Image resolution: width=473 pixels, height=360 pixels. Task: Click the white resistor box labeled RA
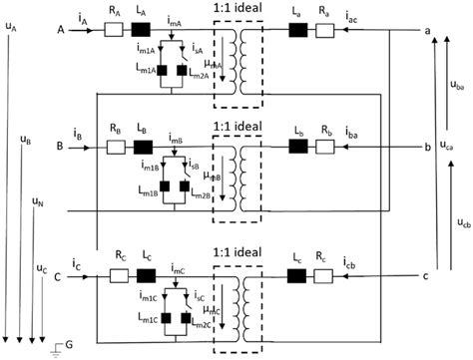pos(115,31)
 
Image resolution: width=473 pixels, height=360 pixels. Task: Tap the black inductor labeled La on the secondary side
pos(298,31)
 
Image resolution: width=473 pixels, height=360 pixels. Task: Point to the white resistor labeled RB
pos(115,147)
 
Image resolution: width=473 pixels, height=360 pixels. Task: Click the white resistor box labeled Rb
pos(327,147)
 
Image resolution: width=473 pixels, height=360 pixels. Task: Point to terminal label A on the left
pos(63,31)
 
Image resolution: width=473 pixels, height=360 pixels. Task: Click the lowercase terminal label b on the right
pos(427,146)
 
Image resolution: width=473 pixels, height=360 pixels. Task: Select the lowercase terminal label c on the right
pos(426,275)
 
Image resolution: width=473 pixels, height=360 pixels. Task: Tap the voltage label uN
pos(37,201)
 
